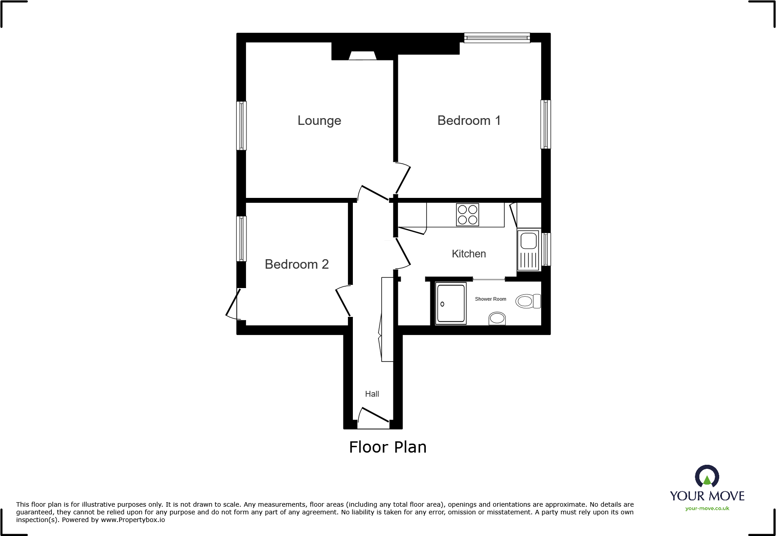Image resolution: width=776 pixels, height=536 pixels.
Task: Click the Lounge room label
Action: pyautogui.click(x=319, y=121)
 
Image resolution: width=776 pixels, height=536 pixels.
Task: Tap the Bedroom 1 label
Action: pyautogui.click(x=469, y=121)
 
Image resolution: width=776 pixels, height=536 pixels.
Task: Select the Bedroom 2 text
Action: pyautogui.click(x=297, y=264)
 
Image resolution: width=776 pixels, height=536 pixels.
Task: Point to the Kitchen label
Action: pyautogui.click(x=469, y=254)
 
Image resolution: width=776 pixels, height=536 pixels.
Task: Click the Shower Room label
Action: pyautogui.click(x=490, y=299)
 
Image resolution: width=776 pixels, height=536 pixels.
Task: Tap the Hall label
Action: pyautogui.click(x=372, y=394)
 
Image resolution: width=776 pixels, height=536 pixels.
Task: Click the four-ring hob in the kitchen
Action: pyautogui.click(x=467, y=215)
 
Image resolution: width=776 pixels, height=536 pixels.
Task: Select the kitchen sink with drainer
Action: pyautogui.click(x=528, y=250)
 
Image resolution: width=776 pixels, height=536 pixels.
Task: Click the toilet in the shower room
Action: pyautogui.click(x=528, y=301)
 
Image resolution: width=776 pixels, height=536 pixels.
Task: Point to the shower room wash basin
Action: pyautogui.click(x=497, y=318)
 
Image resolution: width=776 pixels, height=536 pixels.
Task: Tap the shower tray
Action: pyautogui.click(x=451, y=303)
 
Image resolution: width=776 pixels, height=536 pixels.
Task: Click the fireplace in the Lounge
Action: pyautogui.click(x=363, y=56)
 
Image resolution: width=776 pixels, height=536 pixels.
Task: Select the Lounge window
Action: pyautogui.click(x=242, y=125)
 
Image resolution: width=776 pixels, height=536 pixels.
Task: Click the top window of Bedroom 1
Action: pyautogui.click(x=497, y=38)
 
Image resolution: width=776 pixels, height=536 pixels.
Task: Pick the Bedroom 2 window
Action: pyautogui.click(x=242, y=238)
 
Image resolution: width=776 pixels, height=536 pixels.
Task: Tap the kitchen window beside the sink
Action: pyautogui.click(x=546, y=248)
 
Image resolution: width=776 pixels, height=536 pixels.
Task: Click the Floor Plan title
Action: pyautogui.click(x=388, y=447)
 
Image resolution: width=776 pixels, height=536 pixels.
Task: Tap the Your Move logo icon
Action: pyautogui.click(x=707, y=476)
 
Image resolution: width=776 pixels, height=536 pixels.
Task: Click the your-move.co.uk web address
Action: pyautogui.click(x=707, y=509)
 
